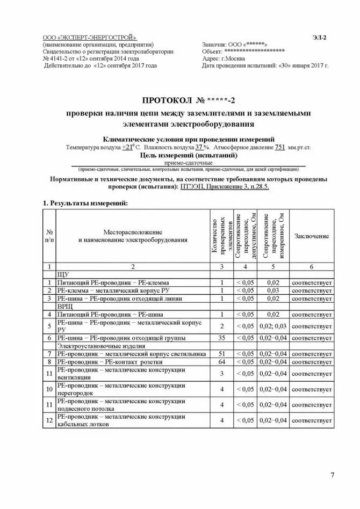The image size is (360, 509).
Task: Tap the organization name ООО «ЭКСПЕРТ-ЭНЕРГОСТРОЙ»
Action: point(89,37)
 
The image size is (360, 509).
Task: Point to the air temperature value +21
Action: point(127,147)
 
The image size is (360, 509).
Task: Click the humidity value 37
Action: point(199,147)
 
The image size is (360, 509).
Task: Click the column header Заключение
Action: point(311,236)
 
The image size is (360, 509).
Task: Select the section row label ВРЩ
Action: point(64,306)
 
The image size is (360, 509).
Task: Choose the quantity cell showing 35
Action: point(221,338)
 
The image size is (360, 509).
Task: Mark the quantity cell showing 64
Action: point(221,362)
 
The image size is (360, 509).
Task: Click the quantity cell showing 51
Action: point(221,354)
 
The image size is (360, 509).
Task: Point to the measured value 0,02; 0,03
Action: point(272,326)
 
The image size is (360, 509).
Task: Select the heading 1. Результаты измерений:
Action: point(85,203)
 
